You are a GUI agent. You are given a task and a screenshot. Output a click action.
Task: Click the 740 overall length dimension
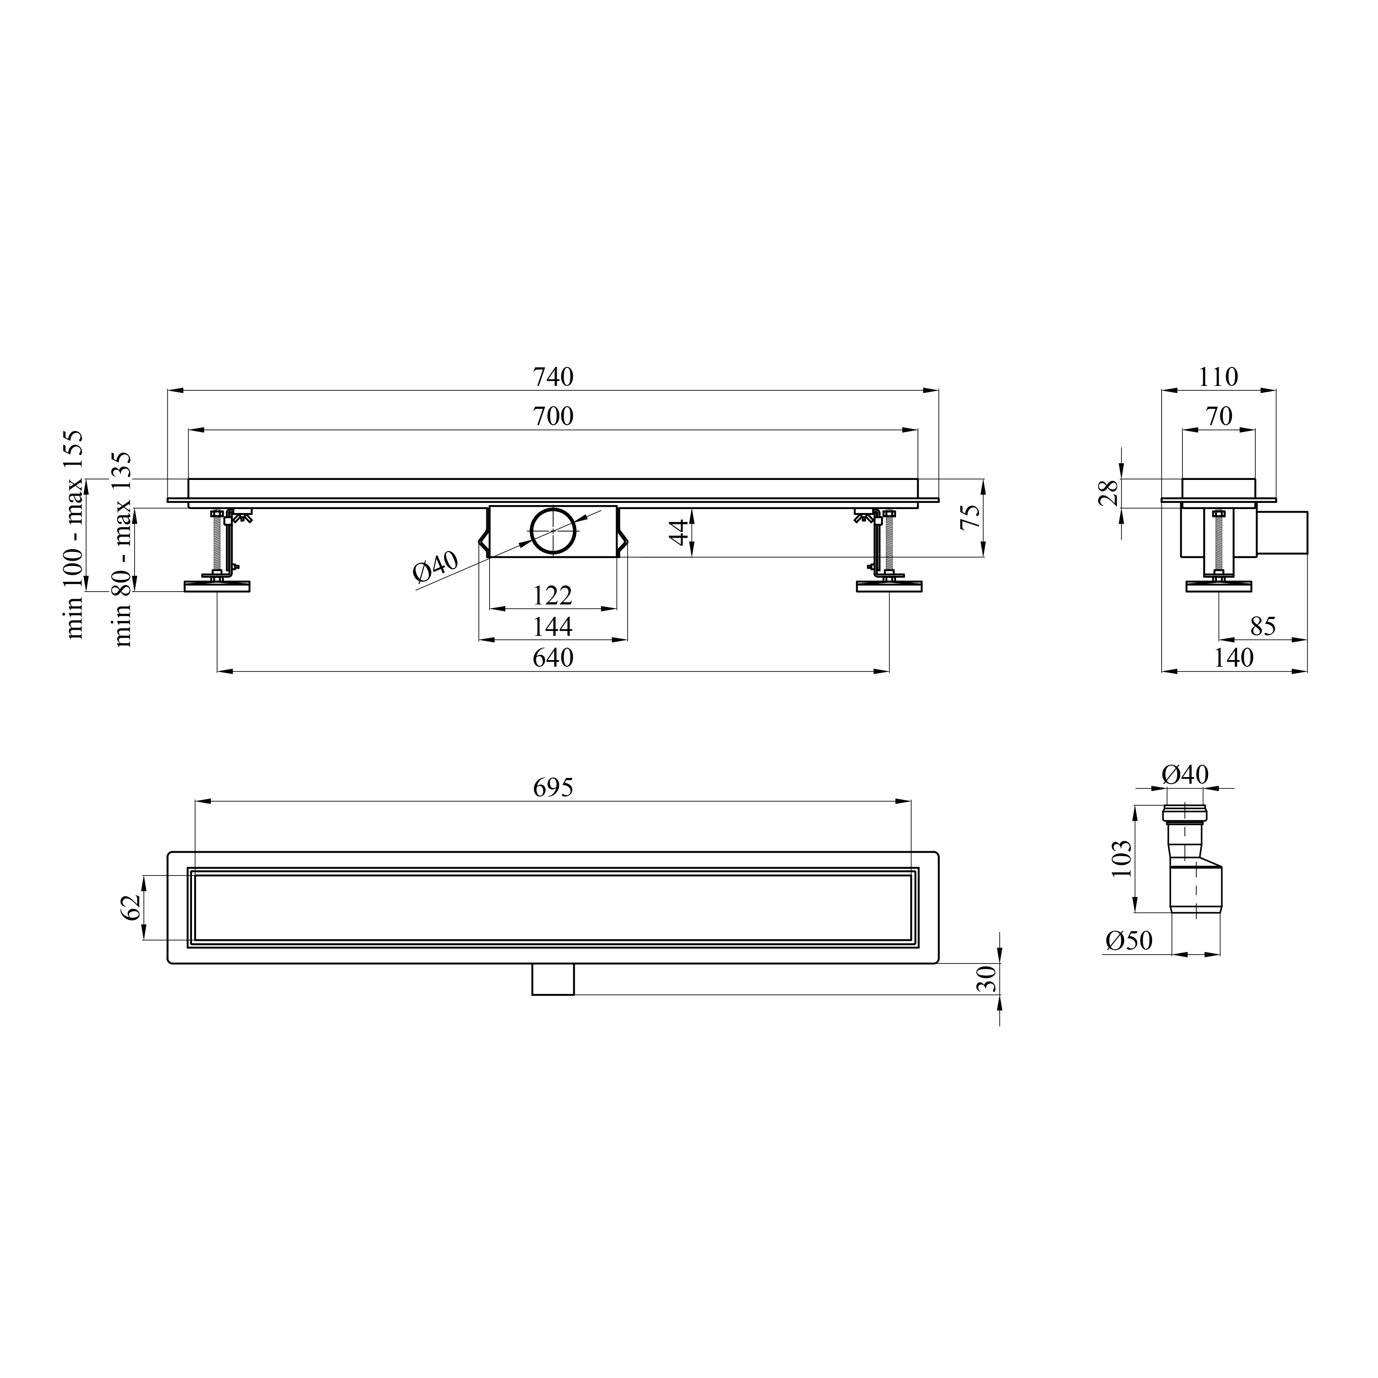(x=553, y=377)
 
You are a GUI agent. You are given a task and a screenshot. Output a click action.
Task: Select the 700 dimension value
(x=553, y=416)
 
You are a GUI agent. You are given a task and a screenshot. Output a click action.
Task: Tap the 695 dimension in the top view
(x=553, y=787)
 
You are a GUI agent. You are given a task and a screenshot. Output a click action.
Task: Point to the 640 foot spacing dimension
(x=553, y=657)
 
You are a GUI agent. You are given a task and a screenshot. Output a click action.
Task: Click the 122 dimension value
(x=553, y=595)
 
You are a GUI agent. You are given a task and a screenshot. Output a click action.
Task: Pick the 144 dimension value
(x=553, y=627)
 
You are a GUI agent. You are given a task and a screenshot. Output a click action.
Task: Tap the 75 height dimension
(x=970, y=517)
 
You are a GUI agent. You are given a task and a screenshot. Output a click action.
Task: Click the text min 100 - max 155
(x=75, y=535)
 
